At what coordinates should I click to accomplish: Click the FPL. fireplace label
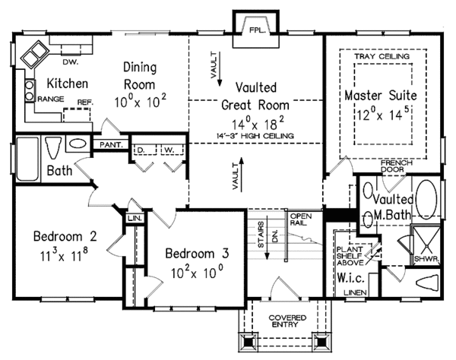[255, 30]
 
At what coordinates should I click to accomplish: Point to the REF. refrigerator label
[84, 99]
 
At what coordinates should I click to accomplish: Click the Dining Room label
[144, 74]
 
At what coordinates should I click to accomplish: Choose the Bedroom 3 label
[196, 253]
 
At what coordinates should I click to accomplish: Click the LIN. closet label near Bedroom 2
[134, 219]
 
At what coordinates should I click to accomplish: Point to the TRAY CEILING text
[382, 56]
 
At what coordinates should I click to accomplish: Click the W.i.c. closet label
[350, 276]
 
